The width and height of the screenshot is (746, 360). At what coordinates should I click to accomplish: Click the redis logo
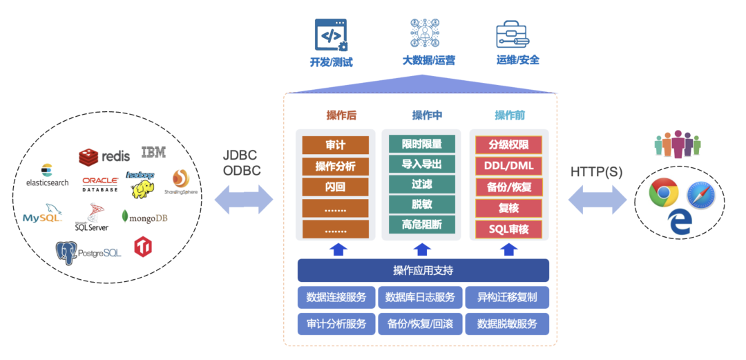[104, 156]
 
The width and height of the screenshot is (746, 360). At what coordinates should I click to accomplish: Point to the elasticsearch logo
[47, 176]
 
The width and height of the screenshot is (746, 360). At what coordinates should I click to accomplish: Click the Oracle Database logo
[100, 184]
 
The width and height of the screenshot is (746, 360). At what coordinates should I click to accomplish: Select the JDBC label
[240, 155]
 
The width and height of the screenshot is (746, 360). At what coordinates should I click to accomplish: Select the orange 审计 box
[335, 145]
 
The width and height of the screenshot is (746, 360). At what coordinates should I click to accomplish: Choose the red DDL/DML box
[508, 166]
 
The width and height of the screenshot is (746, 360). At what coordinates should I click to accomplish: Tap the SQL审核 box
[508, 229]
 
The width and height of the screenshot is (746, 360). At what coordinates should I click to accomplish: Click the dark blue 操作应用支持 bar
[423, 270]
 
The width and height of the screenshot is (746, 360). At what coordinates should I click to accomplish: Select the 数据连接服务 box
[336, 297]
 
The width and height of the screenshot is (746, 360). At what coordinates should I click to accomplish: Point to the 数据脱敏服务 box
[507, 323]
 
